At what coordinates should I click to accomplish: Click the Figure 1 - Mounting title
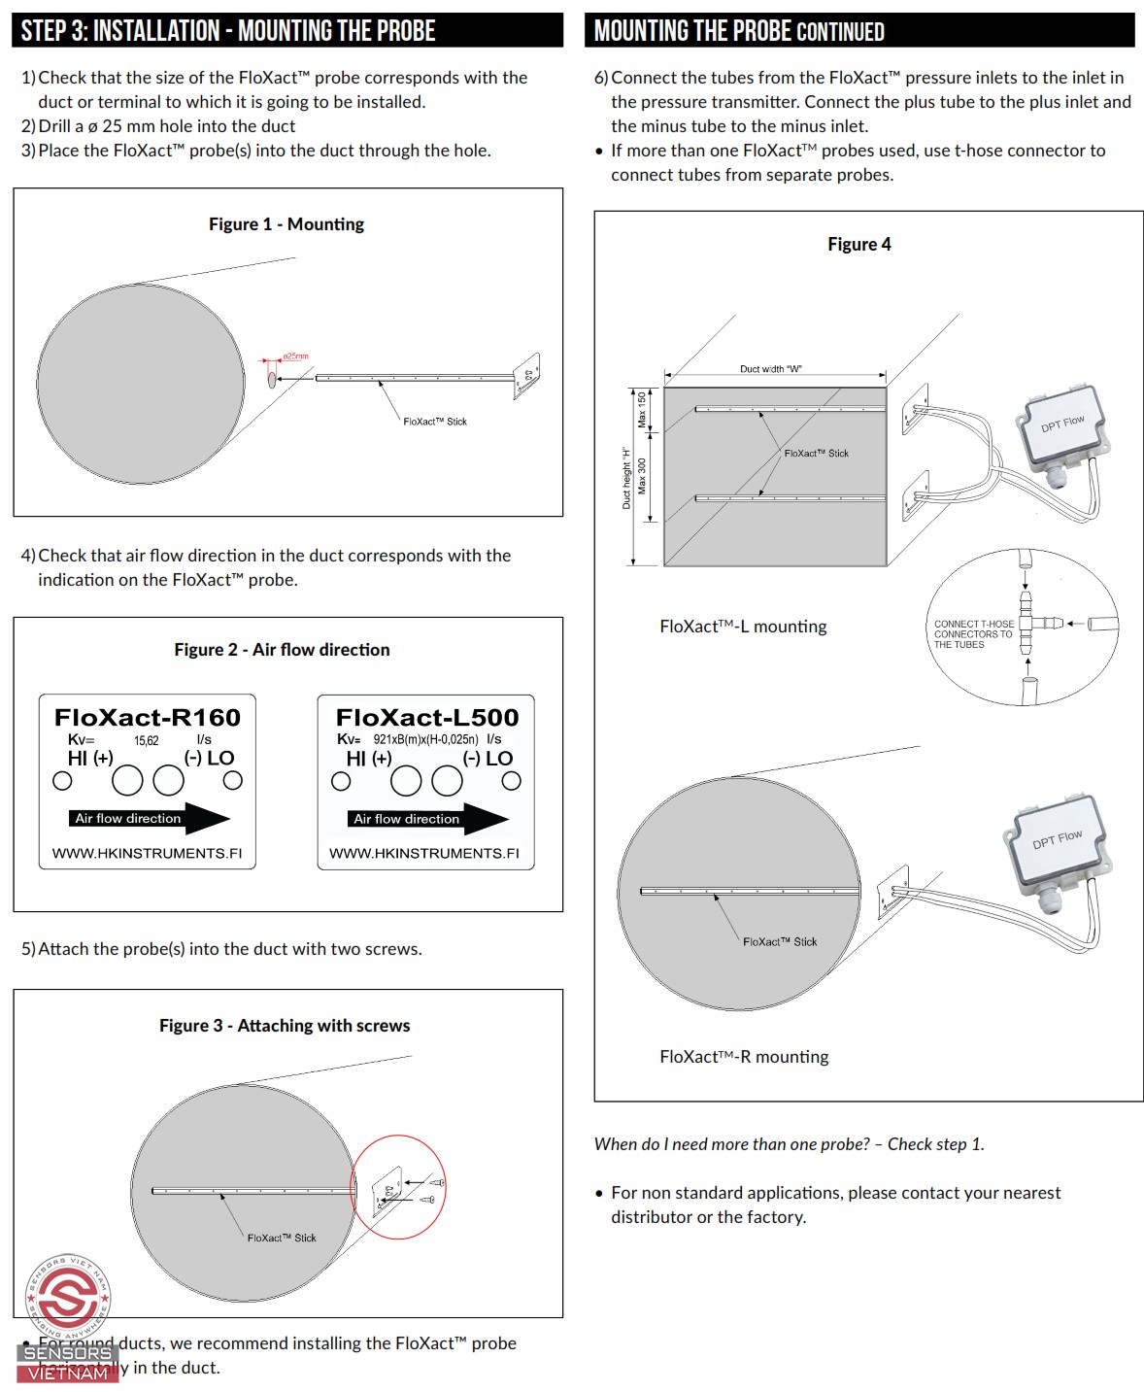[x=286, y=224]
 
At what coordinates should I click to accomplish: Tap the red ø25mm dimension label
[x=295, y=356]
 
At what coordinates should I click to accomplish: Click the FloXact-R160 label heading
[x=148, y=718]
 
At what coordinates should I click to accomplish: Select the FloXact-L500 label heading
[x=427, y=718]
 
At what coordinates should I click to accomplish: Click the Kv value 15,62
[x=147, y=740]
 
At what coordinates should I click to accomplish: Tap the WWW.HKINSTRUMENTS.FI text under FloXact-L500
[x=424, y=853]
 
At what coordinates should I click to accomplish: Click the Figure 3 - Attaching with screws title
[x=285, y=1026]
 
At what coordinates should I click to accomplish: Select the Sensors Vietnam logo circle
[x=68, y=1296]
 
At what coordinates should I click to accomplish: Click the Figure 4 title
[x=858, y=245]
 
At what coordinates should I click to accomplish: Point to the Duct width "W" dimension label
[x=771, y=369]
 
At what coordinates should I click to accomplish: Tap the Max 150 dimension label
[x=642, y=409]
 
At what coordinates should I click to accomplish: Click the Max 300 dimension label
[x=642, y=476]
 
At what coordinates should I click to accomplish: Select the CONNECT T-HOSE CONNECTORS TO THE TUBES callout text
[x=973, y=634]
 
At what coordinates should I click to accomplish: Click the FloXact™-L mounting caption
[x=743, y=627]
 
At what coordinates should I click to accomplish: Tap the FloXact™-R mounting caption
[x=744, y=1057]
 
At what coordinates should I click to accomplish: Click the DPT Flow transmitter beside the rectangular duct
[x=1060, y=426]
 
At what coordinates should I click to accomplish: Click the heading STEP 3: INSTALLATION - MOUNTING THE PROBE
[x=228, y=31]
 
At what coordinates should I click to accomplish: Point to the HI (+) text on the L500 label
[x=369, y=759]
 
